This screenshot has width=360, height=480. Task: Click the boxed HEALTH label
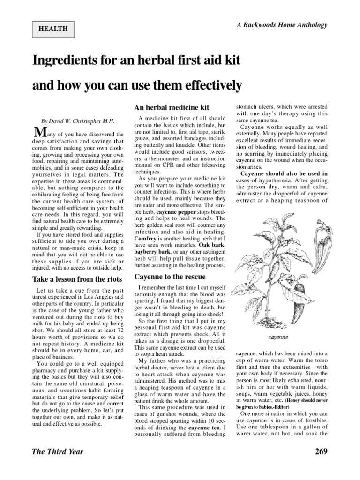coord(54,29)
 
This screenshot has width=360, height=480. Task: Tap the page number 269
coord(319,451)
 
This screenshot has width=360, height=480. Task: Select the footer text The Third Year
coord(57,451)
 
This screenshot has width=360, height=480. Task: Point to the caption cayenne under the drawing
coord(278,337)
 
